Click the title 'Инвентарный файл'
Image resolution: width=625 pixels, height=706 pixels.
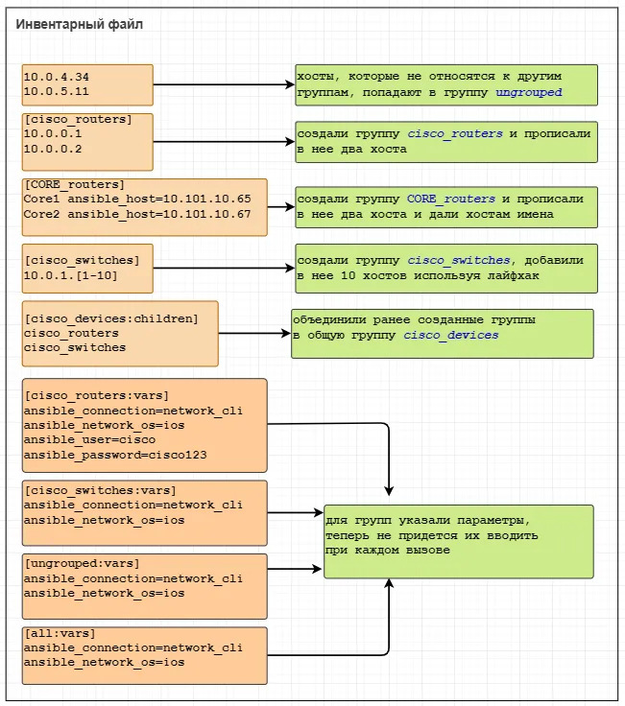[x=80, y=24]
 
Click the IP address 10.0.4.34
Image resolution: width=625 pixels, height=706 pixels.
[x=56, y=76]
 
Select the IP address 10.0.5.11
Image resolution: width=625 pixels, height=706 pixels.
[x=56, y=91]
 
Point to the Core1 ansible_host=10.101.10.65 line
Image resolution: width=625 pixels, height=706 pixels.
[x=136, y=200]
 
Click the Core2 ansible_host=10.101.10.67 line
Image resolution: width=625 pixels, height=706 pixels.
[x=136, y=214]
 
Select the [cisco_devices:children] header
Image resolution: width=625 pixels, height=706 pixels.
[x=110, y=318]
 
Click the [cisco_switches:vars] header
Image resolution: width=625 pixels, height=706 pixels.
[x=100, y=490]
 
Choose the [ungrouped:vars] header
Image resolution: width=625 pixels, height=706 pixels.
[x=82, y=562]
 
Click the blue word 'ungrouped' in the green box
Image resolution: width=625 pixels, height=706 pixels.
[x=528, y=93]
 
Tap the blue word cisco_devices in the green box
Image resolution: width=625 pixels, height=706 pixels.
[x=450, y=335]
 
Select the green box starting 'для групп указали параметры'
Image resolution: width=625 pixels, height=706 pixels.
[x=458, y=541]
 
